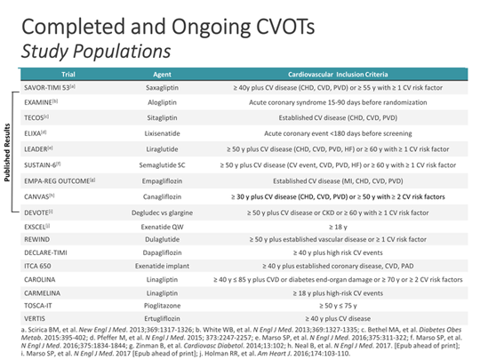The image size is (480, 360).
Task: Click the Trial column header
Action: [68, 73]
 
